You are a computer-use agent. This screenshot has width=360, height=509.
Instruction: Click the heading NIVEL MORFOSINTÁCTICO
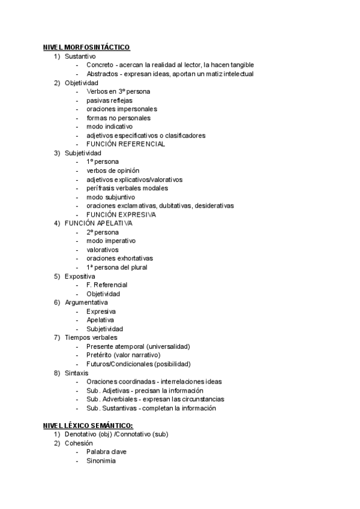click(x=86, y=47)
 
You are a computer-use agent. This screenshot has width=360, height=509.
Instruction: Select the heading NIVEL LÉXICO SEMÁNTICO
click(x=88, y=426)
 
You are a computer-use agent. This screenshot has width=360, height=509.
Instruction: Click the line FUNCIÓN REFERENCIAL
click(x=125, y=144)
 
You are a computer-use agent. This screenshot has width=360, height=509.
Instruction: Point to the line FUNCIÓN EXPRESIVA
click(x=121, y=214)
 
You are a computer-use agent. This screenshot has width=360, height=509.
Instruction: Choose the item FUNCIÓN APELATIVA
click(x=98, y=223)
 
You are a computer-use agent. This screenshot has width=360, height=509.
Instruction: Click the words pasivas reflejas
click(x=109, y=100)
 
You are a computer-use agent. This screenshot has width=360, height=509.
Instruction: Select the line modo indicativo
click(x=109, y=127)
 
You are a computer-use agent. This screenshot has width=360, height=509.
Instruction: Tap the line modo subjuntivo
click(x=110, y=197)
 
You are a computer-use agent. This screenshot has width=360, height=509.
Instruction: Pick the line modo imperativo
click(x=111, y=241)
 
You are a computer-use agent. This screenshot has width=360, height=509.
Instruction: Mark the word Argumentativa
click(x=86, y=303)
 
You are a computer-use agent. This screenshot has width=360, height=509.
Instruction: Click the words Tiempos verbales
click(x=91, y=337)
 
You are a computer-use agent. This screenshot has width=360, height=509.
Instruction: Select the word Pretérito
click(x=101, y=355)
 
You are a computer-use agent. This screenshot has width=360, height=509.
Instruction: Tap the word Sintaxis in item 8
click(x=77, y=373)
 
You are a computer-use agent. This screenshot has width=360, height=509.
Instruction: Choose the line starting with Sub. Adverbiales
click(x=155, y=399)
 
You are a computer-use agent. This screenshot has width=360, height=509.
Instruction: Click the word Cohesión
click(x=79, y=443)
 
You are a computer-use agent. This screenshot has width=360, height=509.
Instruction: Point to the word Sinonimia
click(x=101, y=461)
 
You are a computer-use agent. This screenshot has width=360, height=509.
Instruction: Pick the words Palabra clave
click(x=106, y=452)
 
